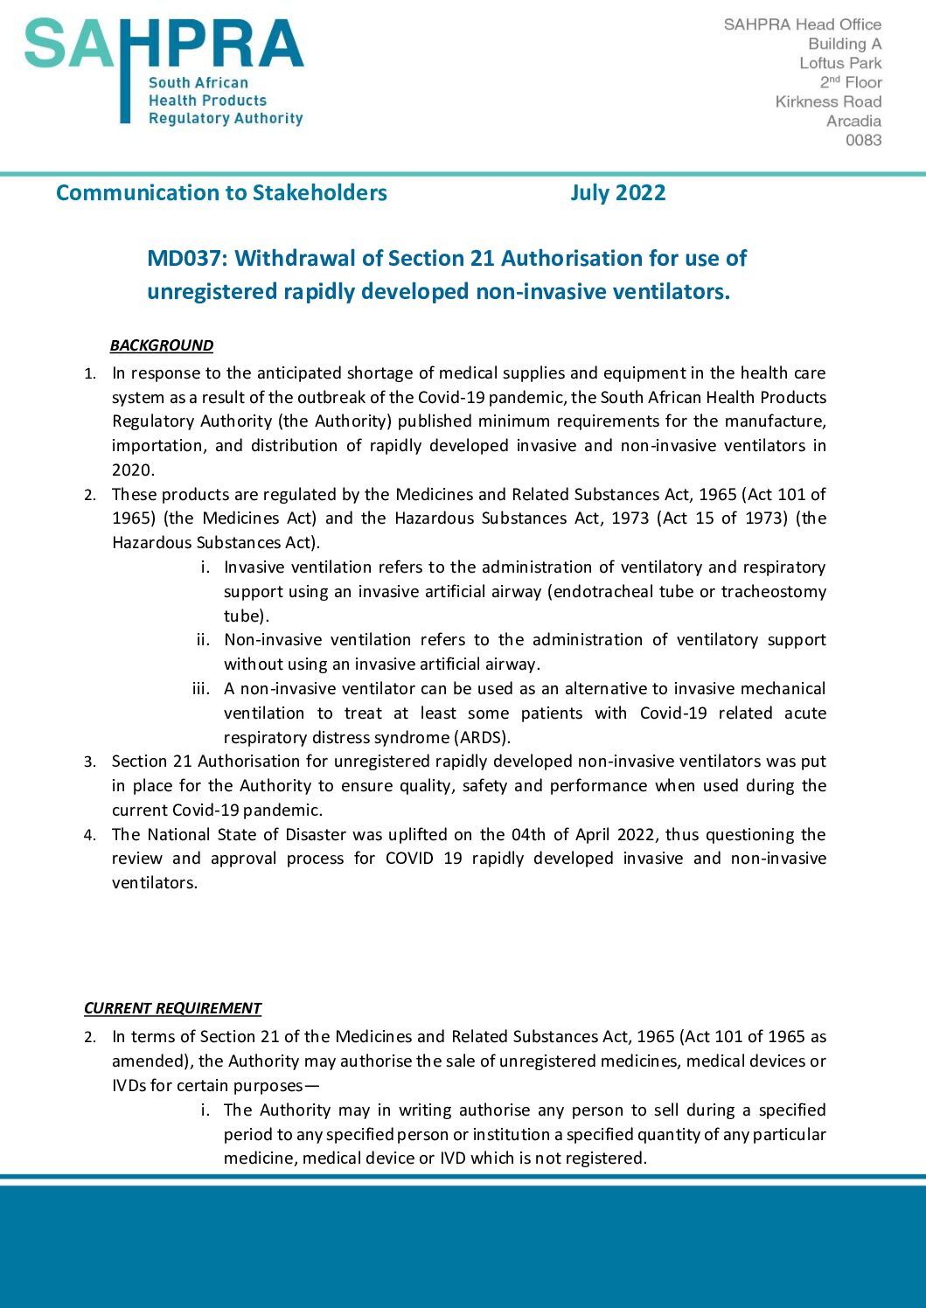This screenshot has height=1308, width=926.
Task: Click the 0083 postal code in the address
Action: coord(863,140)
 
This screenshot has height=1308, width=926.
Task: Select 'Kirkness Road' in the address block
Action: coord(828,101)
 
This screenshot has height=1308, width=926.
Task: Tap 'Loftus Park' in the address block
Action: coord(840,63)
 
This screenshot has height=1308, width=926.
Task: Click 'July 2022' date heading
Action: coord(618,193)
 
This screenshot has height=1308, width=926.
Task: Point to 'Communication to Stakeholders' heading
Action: coord(221,193)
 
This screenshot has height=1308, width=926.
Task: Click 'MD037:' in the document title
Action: coord(187,259)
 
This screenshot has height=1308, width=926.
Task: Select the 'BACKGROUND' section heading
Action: coord(162,345)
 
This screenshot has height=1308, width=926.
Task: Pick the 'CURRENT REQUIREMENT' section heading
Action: coord(172,1008)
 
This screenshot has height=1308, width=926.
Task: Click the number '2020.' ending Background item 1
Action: coord(133,470)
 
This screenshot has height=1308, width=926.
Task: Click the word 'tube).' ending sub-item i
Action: coord(247,616)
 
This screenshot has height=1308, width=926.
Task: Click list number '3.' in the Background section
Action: coord(90,762)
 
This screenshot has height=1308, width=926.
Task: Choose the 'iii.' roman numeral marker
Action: coord(201,689)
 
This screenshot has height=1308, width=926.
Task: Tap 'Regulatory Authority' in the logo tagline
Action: coord(226,118)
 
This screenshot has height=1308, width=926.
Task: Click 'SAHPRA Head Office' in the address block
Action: coord(802,24)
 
